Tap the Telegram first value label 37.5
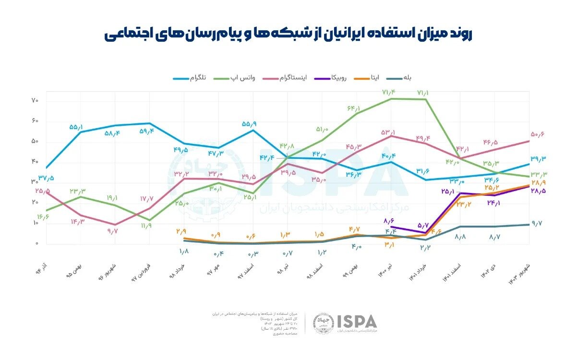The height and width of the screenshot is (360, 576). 46,178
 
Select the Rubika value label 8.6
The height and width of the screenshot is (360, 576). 389,221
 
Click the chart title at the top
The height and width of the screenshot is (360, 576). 288,35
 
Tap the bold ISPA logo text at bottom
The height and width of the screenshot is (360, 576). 357,321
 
